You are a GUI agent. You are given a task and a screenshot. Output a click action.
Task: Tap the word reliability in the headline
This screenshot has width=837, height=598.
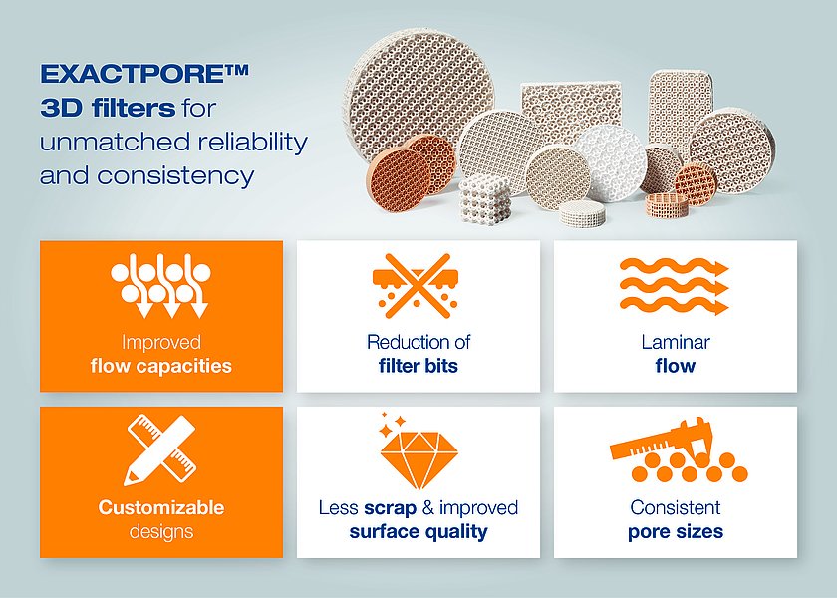point(252,143)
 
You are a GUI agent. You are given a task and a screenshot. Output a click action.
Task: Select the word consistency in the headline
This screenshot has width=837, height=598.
point(175,176)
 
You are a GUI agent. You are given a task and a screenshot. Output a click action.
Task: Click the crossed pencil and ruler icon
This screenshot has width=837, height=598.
point(161,450)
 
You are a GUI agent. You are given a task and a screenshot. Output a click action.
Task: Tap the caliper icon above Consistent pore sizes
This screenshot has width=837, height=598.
point(678,450)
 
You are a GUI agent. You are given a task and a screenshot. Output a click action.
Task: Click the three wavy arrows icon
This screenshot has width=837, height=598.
point(675,287)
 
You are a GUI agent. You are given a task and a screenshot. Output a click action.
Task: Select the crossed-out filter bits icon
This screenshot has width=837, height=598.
point(416,286)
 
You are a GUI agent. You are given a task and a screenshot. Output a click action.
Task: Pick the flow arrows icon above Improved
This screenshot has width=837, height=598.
point(160,286)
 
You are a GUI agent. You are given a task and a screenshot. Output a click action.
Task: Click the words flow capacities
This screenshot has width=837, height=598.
point(161,367)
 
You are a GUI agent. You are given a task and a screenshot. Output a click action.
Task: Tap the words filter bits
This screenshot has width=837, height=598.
point(418,367)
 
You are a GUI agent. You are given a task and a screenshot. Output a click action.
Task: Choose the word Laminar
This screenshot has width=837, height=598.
point(676,342)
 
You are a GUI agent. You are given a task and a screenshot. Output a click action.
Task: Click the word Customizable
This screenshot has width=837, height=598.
point(161,507)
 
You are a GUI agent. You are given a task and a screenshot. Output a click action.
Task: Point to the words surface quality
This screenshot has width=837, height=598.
point(418,532)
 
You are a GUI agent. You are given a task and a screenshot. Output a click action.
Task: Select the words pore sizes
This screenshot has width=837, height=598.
point(676,532)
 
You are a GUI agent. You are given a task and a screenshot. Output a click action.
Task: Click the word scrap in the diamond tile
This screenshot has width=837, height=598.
point(391,508)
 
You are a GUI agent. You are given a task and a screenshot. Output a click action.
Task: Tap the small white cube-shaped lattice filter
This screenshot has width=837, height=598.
point(484,198)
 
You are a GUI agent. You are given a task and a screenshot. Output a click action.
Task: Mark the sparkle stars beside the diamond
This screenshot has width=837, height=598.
point(393,424)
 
